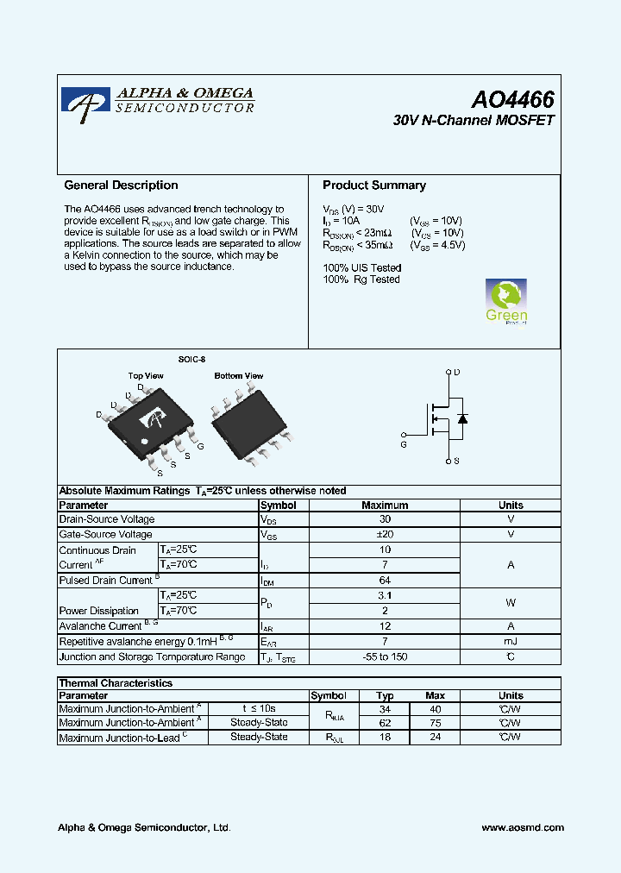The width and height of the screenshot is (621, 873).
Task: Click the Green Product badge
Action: coord(506,301)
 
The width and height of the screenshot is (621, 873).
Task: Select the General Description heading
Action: coord(121,185)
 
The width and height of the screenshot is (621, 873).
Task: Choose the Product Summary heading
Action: coord(373,185)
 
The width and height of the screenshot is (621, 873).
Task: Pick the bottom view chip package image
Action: coord(247,418)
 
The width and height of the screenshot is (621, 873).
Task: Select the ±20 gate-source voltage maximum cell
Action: coord(385,535)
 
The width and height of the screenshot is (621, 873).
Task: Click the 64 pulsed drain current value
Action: coord(385,581)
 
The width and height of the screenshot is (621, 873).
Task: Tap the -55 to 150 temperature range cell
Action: coord(385,657)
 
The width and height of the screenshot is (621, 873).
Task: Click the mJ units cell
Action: coord(510,642)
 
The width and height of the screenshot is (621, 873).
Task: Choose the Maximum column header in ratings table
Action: coord(385,506)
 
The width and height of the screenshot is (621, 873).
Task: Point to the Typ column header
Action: coord(386,695)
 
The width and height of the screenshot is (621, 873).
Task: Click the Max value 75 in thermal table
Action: coord(435,723)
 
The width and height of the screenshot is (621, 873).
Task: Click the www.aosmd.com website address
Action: coord(522,827)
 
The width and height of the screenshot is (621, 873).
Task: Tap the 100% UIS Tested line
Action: coord(361,268)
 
